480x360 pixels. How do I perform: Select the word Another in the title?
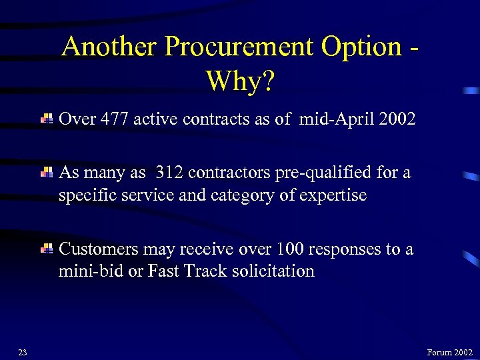point(109,47)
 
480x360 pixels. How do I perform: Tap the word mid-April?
point(331,119)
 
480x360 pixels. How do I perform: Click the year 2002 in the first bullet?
point(397,119)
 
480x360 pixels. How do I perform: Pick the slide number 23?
point(22,353)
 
